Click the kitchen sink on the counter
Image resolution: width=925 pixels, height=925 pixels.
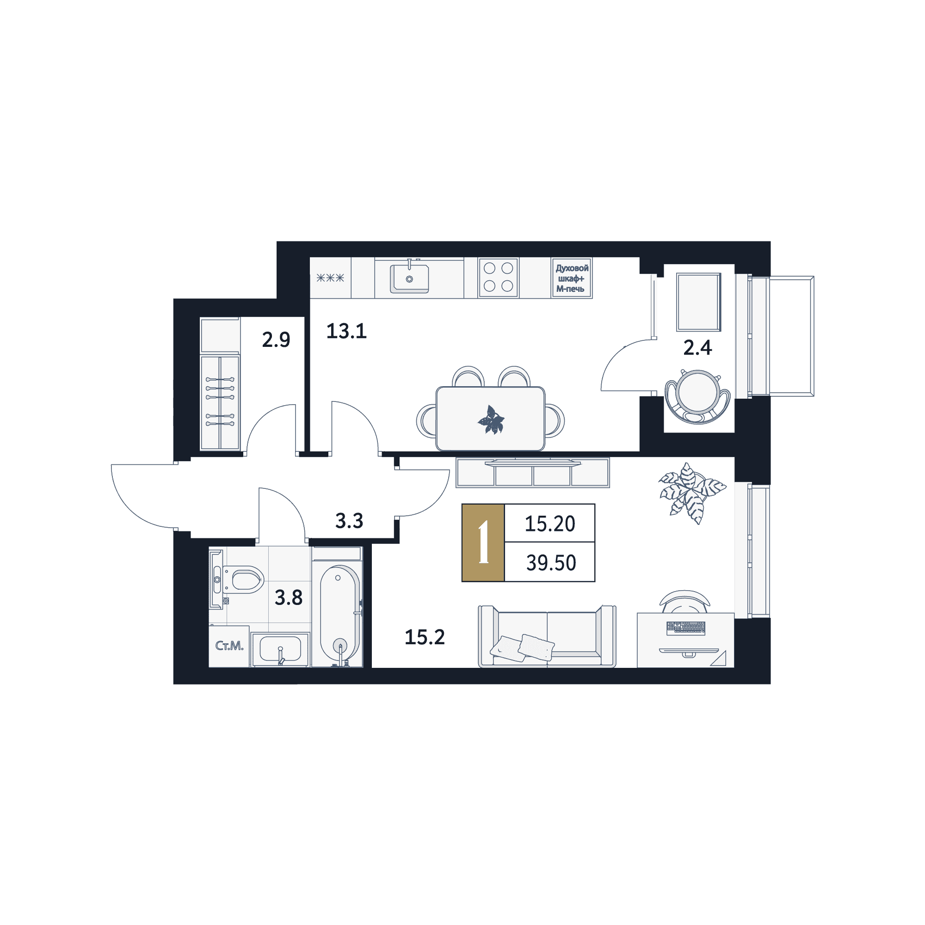409,278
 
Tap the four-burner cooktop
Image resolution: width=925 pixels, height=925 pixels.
498,277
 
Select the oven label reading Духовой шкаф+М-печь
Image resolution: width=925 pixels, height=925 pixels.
572,278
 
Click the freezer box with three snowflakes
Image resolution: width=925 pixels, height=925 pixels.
330,277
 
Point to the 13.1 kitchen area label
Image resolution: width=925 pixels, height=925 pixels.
346,331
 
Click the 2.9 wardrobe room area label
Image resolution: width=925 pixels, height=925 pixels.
276,339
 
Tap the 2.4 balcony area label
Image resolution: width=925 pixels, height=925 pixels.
697,348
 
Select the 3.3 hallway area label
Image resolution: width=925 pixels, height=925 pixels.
349,520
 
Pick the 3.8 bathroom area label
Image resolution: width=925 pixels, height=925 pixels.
288,598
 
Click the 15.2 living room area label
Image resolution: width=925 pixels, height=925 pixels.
425,637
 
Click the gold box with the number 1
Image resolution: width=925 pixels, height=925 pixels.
483,543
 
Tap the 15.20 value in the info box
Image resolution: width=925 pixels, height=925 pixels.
549,524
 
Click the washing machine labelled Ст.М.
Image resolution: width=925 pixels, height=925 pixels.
229,646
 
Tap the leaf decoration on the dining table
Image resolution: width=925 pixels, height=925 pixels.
491,420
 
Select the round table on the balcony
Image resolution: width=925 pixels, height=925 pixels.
698,392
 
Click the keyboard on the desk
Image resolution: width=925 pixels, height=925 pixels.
685,627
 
